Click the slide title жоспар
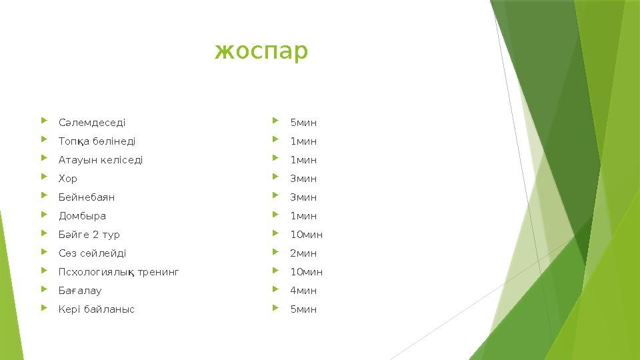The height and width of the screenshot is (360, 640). [261, 51]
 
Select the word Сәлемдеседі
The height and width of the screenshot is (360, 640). [92, 123]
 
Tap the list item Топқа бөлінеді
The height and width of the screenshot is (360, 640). [97, 141]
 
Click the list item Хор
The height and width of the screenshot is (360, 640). [68, 179]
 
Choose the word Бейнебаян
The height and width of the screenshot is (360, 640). [87, 197]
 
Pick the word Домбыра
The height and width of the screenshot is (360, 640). [82, 216]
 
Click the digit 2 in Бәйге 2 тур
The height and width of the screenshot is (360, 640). [96, 235]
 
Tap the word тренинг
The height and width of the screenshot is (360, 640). [158, 272]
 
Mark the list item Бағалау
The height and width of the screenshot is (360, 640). [80, 291]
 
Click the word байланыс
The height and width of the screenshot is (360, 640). [110, 309]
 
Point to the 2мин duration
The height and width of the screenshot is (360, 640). [303, 253]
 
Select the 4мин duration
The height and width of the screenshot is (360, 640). [303, 291]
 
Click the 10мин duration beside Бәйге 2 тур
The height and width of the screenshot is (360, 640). [307, 235]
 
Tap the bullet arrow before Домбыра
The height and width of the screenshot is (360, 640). [44, 215]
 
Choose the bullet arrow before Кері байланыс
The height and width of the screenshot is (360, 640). [44, 309]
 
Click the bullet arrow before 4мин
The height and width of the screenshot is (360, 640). [276, 290]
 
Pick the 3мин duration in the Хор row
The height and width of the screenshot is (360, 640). [303, 179]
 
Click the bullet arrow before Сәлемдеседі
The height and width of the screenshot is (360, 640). [44, 122]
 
